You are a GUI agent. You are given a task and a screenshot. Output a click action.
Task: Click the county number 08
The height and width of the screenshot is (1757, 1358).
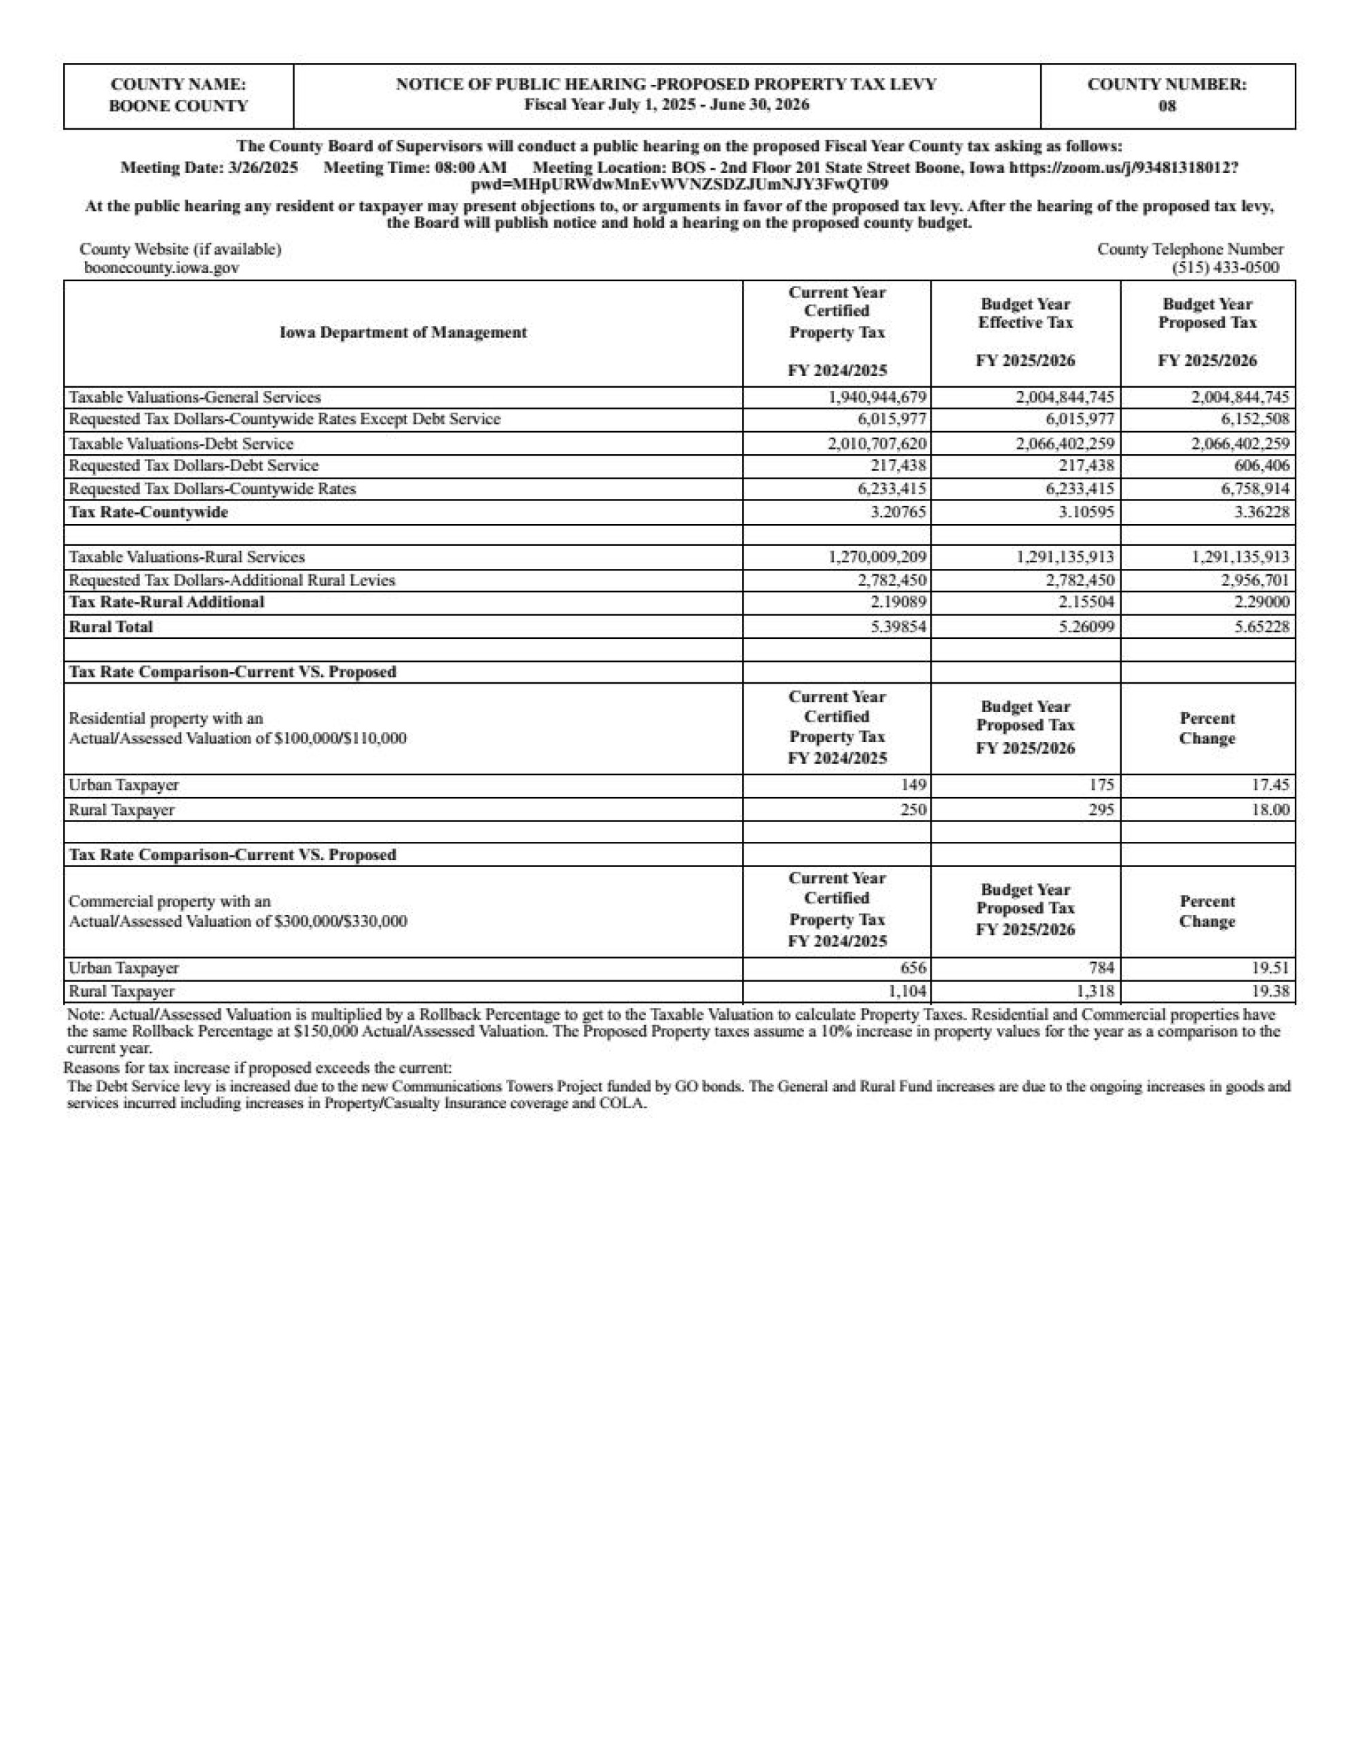(1167, 106)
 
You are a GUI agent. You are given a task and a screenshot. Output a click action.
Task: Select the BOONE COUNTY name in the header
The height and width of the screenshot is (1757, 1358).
(179, 106)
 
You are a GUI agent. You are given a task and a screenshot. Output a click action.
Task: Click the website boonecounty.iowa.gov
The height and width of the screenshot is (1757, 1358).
(162, 268)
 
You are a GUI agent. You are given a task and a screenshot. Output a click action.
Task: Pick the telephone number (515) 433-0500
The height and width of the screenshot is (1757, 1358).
(1226, 268)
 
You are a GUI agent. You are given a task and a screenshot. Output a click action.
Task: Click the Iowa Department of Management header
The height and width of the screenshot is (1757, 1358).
(403, 332)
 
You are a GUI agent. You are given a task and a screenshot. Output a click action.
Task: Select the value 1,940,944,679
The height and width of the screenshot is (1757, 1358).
(878, 397)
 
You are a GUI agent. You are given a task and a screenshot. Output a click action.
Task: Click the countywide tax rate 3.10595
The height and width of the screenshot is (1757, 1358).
(1086, 513)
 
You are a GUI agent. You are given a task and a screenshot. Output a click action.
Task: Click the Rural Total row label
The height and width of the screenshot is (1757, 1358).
(111, 627)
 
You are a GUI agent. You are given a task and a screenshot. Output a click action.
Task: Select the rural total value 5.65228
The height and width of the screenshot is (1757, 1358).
(1262, 627)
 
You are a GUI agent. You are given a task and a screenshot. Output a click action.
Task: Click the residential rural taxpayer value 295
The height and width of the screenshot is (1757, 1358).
(1101, 810)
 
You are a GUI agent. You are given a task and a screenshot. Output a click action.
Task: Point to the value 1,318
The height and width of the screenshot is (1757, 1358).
(1095, 991)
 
